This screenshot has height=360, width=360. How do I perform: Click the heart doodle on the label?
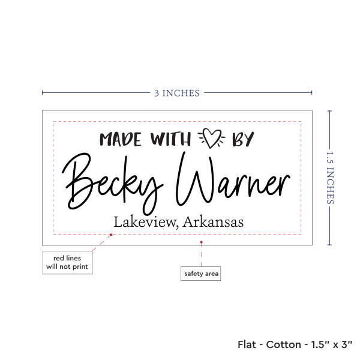[x=212, y=138]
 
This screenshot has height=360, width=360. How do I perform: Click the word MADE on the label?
[x=121, y=139]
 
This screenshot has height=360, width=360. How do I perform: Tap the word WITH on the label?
[x=170, y=139]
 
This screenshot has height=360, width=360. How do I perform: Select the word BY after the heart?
[x=243, y=139]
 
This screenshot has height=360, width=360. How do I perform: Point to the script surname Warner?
[x=233, y=178]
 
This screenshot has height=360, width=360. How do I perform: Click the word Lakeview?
[x=145, y=222]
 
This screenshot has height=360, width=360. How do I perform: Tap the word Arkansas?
[x=213, y=222]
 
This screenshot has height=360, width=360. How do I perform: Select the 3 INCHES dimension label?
[x=177, y=93]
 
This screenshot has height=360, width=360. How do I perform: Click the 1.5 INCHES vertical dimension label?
[x=330, y=178]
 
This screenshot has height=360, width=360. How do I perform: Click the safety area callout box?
[x=200, y=274]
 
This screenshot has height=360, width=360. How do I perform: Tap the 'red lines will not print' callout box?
[x=67, y=262]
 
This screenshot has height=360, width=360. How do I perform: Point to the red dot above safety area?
[x=201, y=242]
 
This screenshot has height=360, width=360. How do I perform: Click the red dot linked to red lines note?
[x=111, y=235]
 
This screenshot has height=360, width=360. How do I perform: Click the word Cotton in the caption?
[x=284, y=344]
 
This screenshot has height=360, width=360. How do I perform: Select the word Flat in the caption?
[x=247, y=344]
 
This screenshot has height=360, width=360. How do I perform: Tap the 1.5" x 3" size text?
[x=332, y=344]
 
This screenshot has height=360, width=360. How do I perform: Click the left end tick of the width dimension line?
[x=43, y=92]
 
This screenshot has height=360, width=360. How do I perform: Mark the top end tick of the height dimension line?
[x=329, y=111]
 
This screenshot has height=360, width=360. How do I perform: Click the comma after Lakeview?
[x=177, y=227]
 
